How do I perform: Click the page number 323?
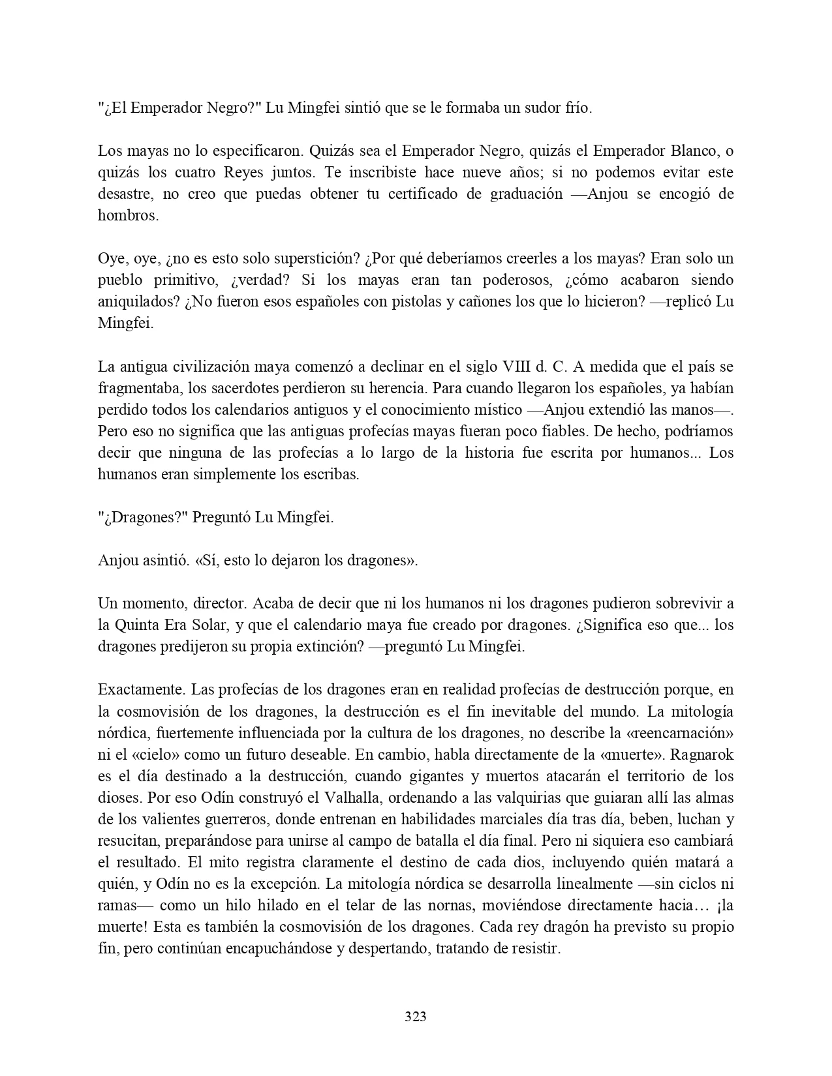point(416,1017)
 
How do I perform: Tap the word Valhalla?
point(363,798)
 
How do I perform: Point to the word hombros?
point(128,216)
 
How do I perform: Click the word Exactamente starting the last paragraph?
point(136,689)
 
